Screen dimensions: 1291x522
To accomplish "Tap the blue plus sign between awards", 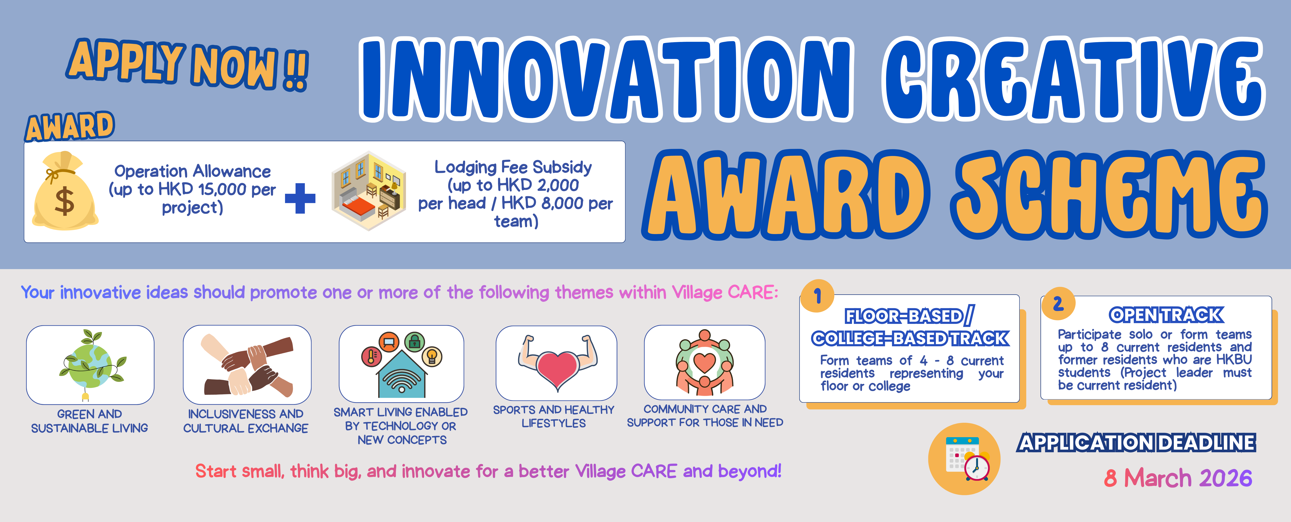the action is click(300, 198).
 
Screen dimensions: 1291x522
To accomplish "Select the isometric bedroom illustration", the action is click(369, 191).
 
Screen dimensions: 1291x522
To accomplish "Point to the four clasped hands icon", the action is click(247, 365).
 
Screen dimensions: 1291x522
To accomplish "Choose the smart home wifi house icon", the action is click(401, 365).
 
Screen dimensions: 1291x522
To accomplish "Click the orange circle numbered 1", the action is click(817, 296).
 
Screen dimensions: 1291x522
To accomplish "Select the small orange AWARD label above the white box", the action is click(70, 126).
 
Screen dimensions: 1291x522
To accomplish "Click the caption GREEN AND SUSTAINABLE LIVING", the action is click(90, 421).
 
